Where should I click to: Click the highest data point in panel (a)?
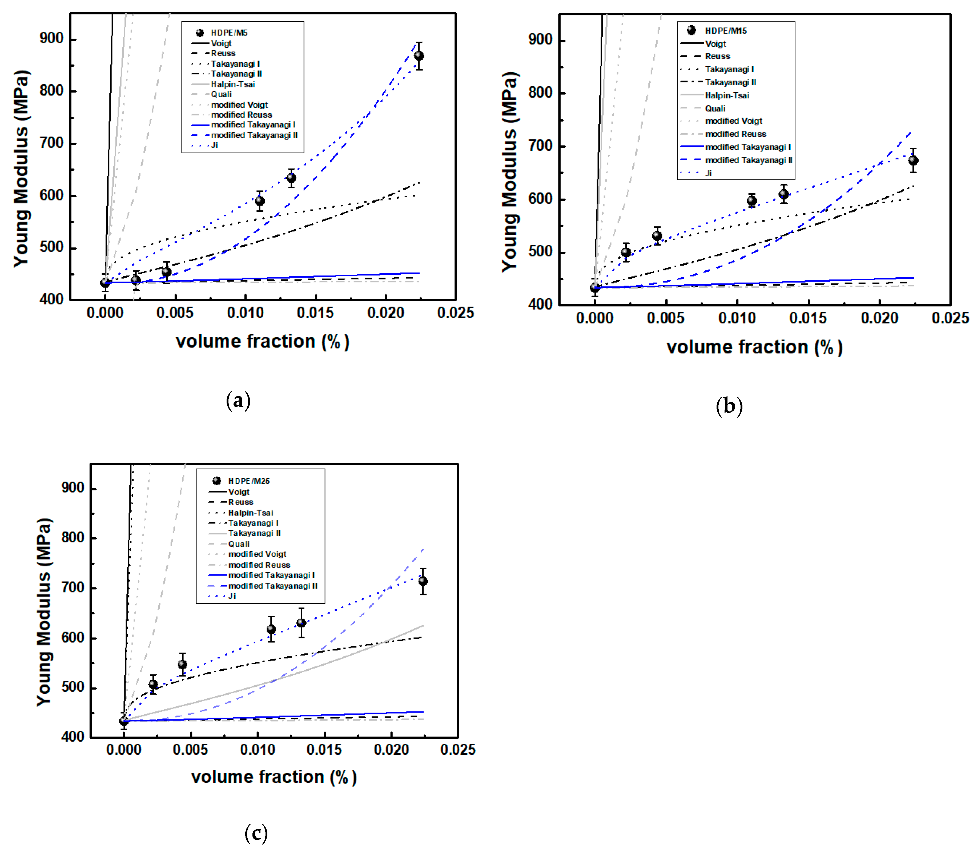point(419,56)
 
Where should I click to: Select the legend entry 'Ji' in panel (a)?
point(214,145)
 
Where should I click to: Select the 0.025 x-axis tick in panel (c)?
point(458,750)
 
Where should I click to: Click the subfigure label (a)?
point(238,400)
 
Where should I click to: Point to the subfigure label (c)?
point(256,833)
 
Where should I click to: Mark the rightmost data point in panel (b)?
point(913,161)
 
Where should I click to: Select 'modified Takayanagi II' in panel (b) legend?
point(749,160)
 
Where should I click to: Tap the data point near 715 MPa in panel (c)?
point(423,581)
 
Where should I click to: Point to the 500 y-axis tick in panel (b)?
point(540,252)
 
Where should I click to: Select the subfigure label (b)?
point(729,406)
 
